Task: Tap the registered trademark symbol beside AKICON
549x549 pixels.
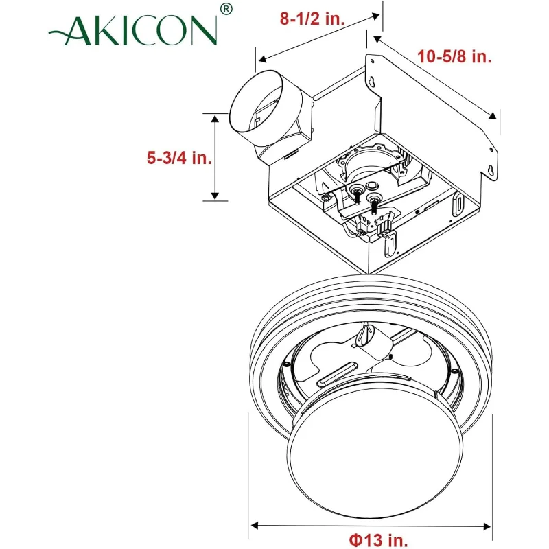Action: point(227,9)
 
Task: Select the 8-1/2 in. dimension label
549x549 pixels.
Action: point(312,19)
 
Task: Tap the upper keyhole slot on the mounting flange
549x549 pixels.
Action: point(372,82)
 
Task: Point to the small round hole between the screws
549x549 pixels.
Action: point(372,185)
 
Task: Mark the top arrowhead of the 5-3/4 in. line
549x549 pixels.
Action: point(215,119)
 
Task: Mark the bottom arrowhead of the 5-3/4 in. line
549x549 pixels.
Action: point(215,196)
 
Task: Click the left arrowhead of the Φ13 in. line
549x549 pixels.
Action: point(253,526)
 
